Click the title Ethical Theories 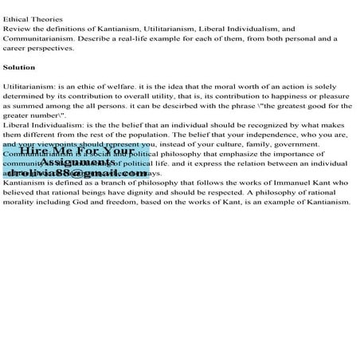point(27,18)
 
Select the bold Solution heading point(19,67)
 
